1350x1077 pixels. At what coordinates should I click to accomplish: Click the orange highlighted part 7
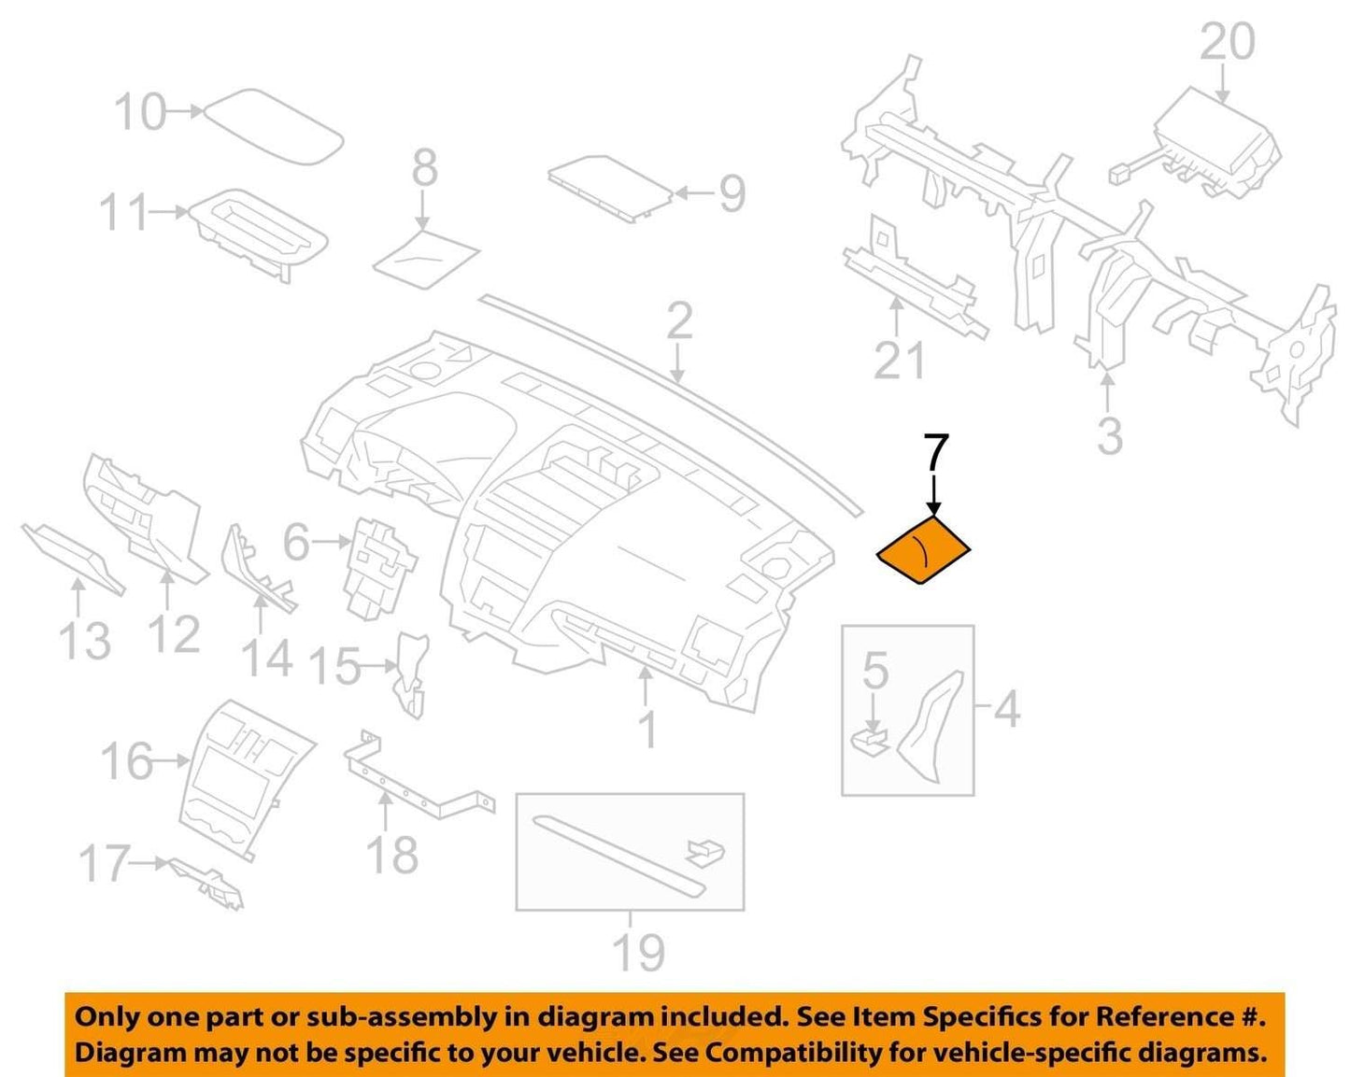pyautogui.click(x=923, y=549)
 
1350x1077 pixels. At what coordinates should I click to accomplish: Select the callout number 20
pyautogui.click(x=1227, y=42)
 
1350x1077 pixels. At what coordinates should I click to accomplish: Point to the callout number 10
pyautogui.click(x=140, y=112)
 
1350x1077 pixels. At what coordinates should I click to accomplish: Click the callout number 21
pyautogui.click(x=899, y=361)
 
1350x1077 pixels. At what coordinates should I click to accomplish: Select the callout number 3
pyautogui.click(x=1109, y=436)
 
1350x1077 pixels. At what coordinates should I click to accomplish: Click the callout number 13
pyautogui.click(x=85, y=641)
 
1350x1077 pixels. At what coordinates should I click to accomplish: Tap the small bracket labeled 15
pyautogui.click(x=411, y=675)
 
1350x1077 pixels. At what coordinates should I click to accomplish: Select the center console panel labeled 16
pyautogui.click(x=247, y=781)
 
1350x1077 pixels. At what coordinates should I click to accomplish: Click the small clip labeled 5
pyautogui.click(x=870, y=741)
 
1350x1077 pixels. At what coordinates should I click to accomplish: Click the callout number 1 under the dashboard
pyautogui.click(x=648, y=729)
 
